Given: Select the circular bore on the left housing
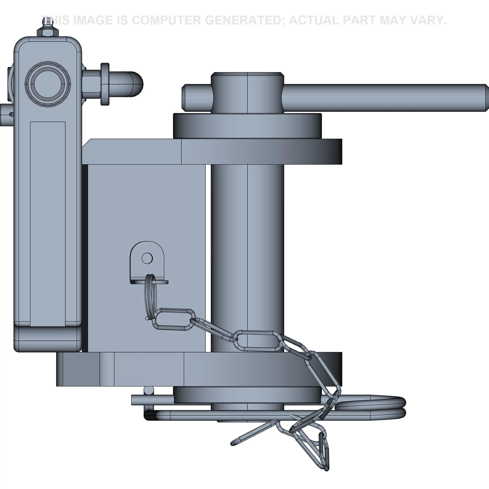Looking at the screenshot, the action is tap(48, 84).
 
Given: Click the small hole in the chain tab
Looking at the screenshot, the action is tap(147, 258).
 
